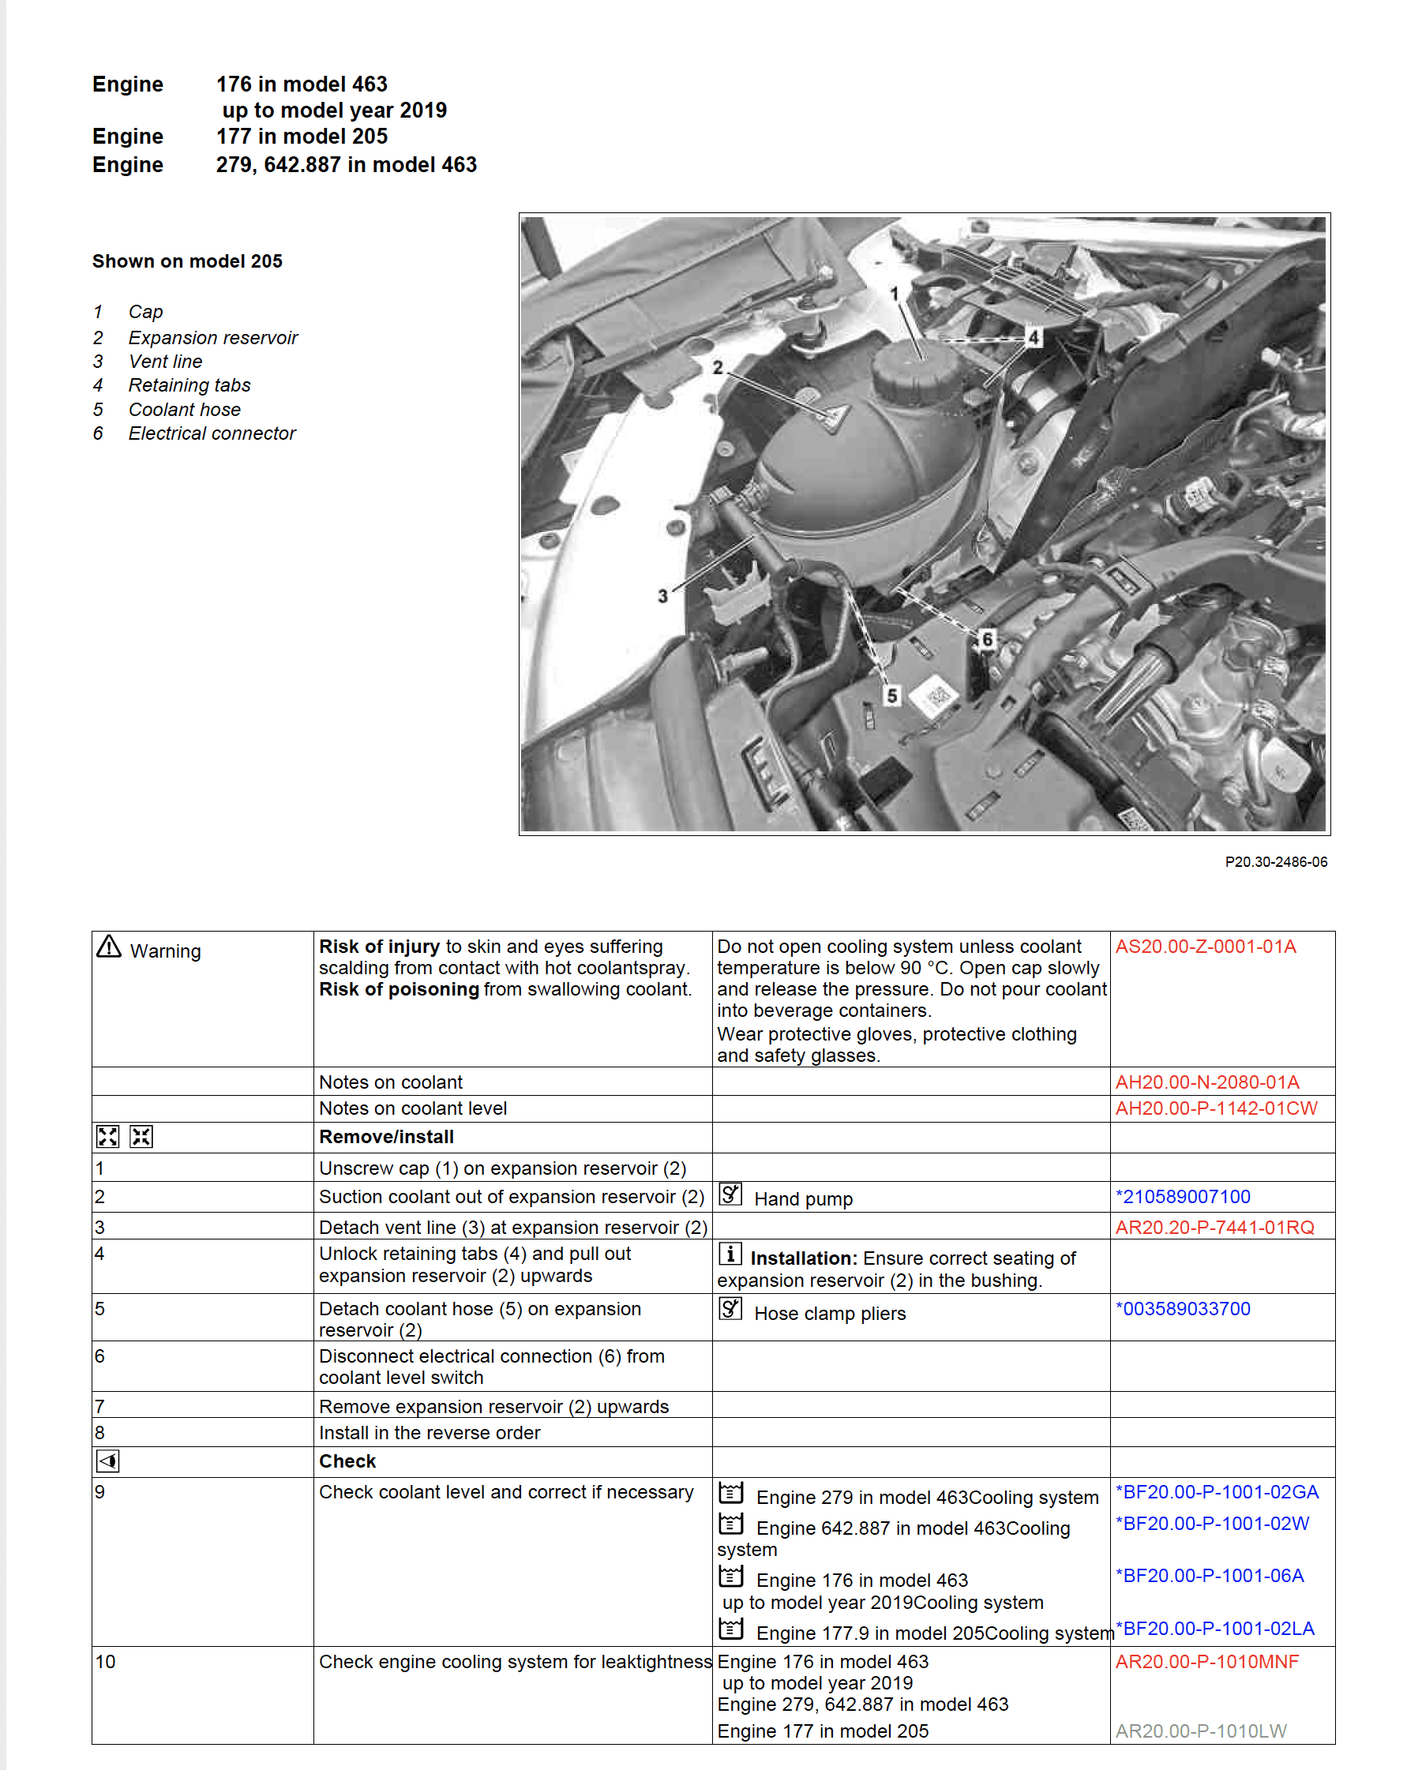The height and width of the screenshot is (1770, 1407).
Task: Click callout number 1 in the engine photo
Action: click(894, 293)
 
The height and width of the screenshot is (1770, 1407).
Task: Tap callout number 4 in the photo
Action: click(1034, 336)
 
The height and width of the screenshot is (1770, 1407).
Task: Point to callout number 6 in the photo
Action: click(987, 638)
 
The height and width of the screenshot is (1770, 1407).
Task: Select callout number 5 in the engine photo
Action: click(892, 696)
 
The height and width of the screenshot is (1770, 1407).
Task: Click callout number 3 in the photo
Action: click(662, 596)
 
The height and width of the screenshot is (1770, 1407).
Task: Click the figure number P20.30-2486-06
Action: click(1275, 861)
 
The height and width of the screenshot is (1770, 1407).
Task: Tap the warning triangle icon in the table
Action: click(108, 947)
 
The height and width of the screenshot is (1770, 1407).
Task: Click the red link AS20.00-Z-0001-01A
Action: click(1205, 947)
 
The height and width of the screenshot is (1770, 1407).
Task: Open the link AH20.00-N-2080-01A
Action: click(1206, 1082)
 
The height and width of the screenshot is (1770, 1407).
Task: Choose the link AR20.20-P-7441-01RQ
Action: click(1214, 1227)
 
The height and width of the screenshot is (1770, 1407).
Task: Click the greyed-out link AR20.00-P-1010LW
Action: click(1200, 1731)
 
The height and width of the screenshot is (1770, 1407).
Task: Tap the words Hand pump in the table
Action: click(803, 1198)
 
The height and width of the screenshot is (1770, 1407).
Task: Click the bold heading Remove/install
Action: click(386, 1137)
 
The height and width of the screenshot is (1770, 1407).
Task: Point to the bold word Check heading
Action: click(347, 1461)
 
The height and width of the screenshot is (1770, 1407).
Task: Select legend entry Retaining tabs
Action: click(189, 385)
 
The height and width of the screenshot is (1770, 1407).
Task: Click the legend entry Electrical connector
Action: click(211, 433)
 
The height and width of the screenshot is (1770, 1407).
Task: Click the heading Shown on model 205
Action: click(187, 261)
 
